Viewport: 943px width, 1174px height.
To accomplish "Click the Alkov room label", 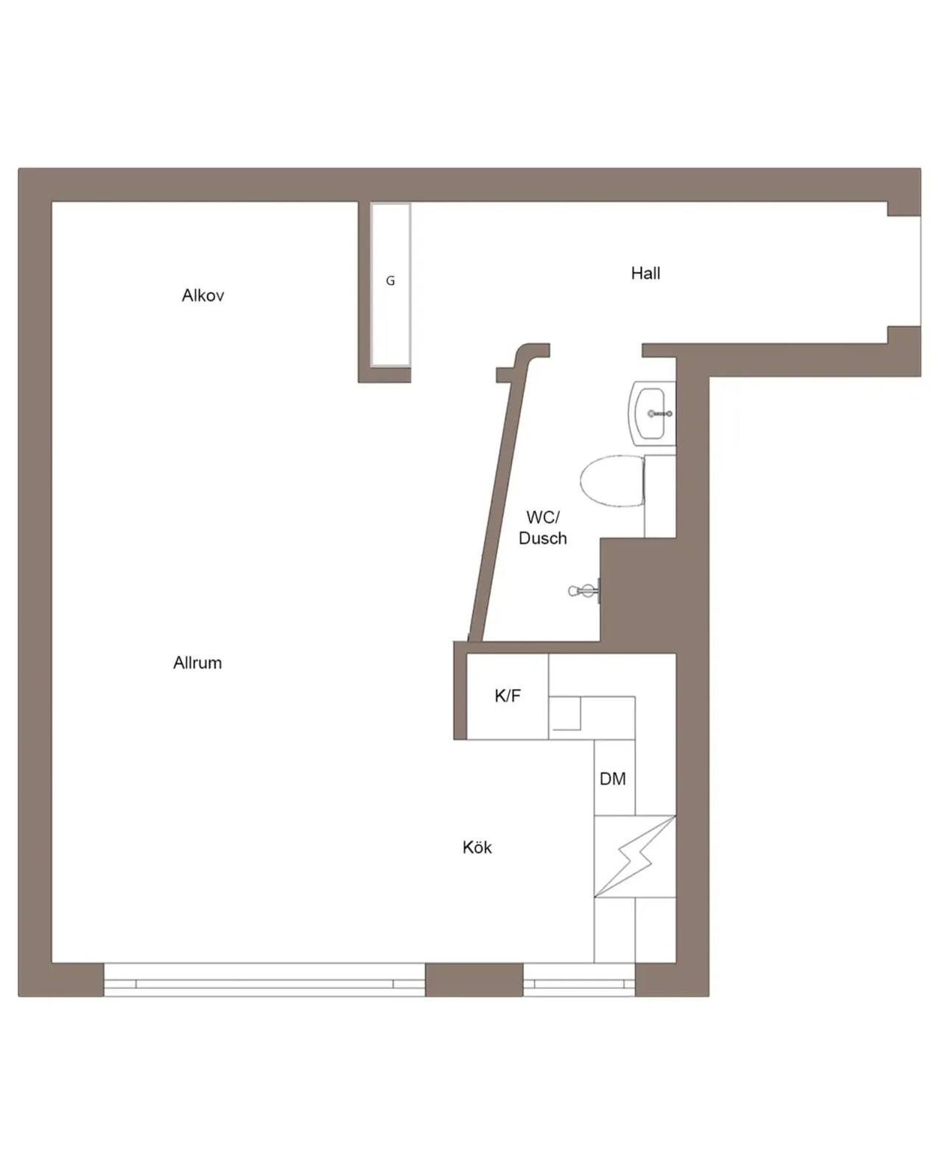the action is tap(203, 296).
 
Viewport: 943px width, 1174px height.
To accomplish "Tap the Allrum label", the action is tap(197, 663).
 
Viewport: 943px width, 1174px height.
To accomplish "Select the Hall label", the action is tap(645, 273).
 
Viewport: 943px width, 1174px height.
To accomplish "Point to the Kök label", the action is tap(477, 848).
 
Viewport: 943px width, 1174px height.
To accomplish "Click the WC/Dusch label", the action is tap(543, 528).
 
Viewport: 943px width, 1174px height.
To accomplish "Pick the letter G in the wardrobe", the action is tap(390, 281).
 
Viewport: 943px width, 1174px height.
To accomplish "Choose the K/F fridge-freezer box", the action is tap(508, 696).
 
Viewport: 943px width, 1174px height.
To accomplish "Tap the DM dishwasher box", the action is tap(614, 778).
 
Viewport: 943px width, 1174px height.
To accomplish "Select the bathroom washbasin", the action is tap(653, 413).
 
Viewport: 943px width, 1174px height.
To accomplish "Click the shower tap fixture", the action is tap(583, 591).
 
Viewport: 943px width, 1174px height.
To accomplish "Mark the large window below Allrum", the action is tap(264, 979).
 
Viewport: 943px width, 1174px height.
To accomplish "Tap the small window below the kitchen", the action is tap(579, 979).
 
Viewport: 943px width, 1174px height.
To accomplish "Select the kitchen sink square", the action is tap(565, 713).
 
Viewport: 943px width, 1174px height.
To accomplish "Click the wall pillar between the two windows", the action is tap(474, 979).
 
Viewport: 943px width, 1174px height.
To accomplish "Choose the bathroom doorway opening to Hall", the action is tap(596, 350).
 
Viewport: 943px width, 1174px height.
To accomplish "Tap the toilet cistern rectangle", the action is tap(660, 496).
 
